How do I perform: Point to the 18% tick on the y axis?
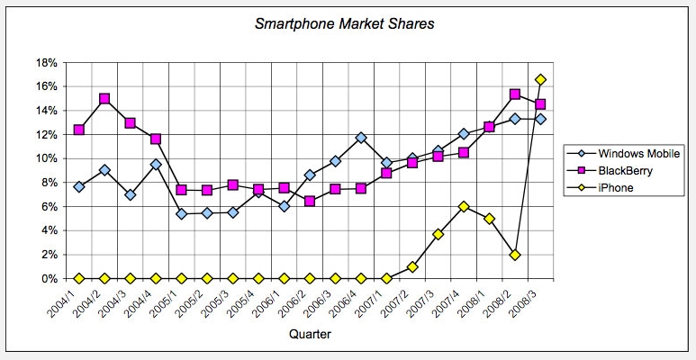click(x=47, y=63)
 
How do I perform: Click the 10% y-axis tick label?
click(x=47, y=159)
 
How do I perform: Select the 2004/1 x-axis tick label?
click(x=71, y=301)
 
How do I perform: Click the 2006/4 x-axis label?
click(x=353, y=301)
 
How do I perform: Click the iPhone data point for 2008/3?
click(x=540, y=80)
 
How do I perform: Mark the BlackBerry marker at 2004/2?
click(x=104, y=99)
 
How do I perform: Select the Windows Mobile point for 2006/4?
click(x=361, y=138)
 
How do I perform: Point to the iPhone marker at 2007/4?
click(x=464, y=206)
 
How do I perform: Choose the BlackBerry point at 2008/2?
click(x=515, y=94)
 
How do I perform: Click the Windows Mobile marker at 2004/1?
click(x=79, y=186)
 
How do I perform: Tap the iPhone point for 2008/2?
click(x=515, y=255)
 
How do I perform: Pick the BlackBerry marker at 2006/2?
click(x=310, y=202)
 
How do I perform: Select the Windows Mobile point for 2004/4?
click(x=156, y=165)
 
